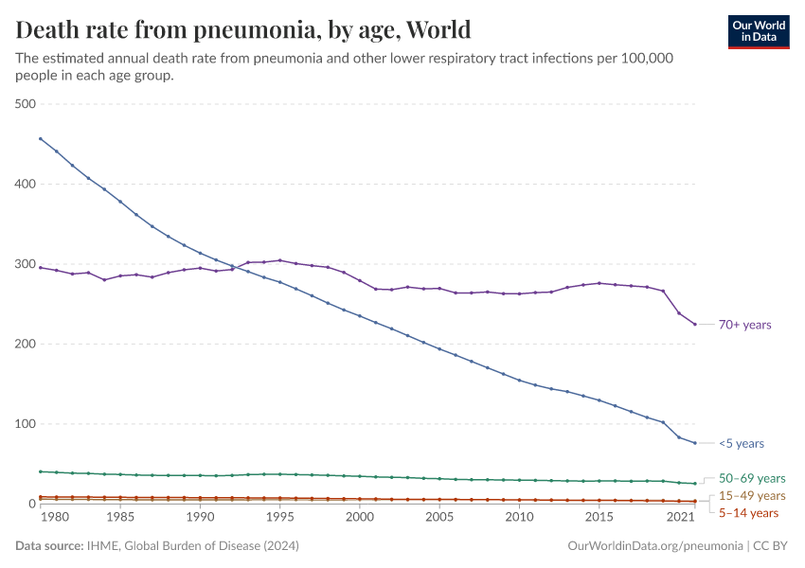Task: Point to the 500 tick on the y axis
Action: tap(26, 104)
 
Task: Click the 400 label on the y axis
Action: tap(26, 184)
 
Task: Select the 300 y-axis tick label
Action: tap(26, 264)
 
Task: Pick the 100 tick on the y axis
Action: tap(26, 424)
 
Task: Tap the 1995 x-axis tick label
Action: tap(279, 518)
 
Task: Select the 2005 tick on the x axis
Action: tap(438, 518)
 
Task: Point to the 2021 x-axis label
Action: tap(679, 518)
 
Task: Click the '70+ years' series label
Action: tap(744, 325)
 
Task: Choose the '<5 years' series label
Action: tap(741, 443)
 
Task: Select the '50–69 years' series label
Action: tap(752, 478)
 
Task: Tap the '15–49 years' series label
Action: tap(752, 495)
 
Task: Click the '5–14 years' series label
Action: tap(748, 512)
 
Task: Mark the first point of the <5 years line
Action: tap(40, 138)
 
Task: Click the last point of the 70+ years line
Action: tap(694, 325)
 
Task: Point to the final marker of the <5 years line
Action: tap(694, 443)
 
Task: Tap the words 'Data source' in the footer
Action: tap(47, 546)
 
